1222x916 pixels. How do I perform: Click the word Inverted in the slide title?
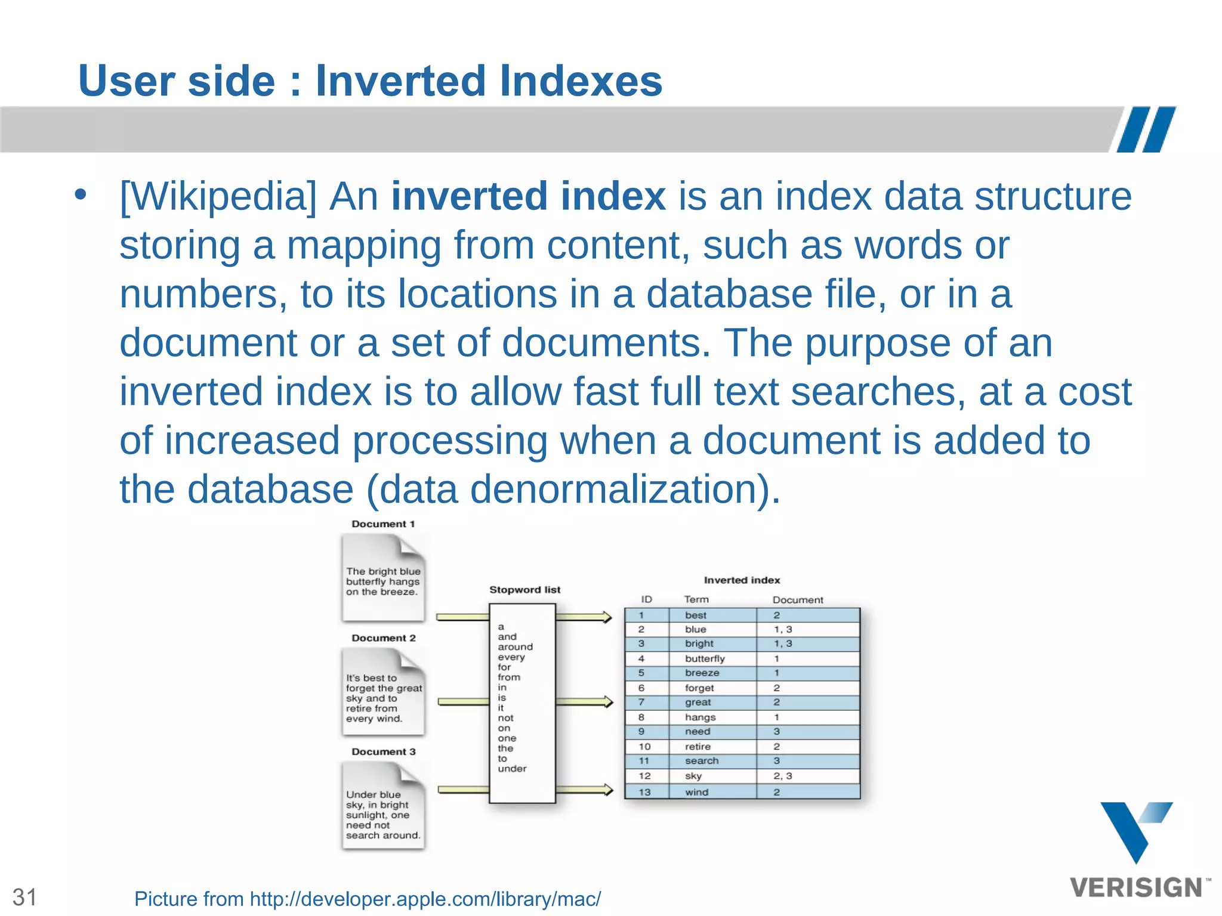pyautogui.click(x=401, y=81)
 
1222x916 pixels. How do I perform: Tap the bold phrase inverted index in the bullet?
pyautogui.click(x=528, y=196)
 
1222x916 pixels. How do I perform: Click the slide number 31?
pyautogui.click(x=25, y=897)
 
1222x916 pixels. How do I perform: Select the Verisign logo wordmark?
pyautogui.click(x=1136, y=888)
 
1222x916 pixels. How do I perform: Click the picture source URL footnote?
pyautogui.click(x=367, y=899)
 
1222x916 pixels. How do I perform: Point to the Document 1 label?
pyautogui.click(x=383, y=524)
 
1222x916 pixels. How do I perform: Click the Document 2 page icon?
pyautogui.click(x=383, y=692)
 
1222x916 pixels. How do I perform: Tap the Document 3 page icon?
pyautogui.click(x=383, y=806)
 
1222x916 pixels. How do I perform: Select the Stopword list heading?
pyautogui.click(x=524, y=590)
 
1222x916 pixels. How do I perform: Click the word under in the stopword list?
pyautogui.click(x=512, y=769)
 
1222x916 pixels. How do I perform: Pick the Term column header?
pyautogui.click(x=696, y=599)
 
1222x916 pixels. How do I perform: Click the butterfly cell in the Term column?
pyautogui.click(x=705, y=658)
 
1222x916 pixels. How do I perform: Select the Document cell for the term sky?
pyautogui.click(x=782, y=776)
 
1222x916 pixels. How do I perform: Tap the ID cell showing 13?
pyautogui.click(x=644, y=792)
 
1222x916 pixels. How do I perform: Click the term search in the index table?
pyautogui.click(x=702, y=761)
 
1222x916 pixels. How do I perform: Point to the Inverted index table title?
pyautogui.click(x=742, y=580)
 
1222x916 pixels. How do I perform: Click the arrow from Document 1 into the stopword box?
pyautogui.click(x=462, y=617)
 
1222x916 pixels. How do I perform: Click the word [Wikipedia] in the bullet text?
pyautogui.click(x=218, y=196)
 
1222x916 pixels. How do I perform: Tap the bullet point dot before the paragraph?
pyautogui.click(x=81, y=194)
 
